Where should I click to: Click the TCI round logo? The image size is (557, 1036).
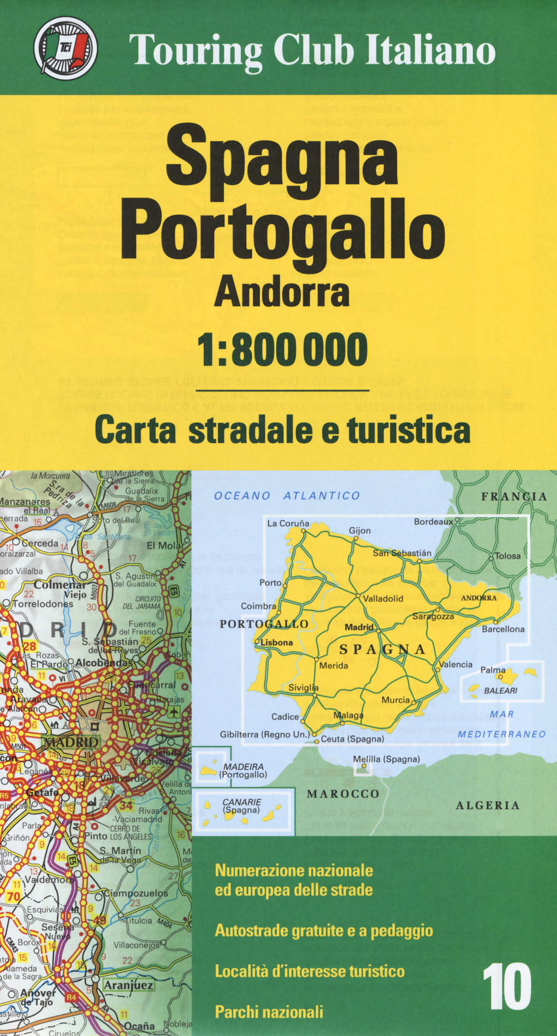(x=65, y=48)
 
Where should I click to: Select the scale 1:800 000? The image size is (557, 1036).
(x=283, y=349)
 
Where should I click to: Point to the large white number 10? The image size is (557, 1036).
(x=506, y=987)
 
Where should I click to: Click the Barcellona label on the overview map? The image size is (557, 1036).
(x=503, y=629)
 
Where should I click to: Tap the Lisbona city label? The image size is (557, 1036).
(x=276, y=642)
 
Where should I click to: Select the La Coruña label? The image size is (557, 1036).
(x=288, y=523)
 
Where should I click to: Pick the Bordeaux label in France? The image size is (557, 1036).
(x=433, y=522)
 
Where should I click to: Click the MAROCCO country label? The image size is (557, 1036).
(x=343, y=794)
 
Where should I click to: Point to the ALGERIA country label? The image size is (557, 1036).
(x=487, y=805)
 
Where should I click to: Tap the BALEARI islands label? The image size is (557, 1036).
(x=500, y=691)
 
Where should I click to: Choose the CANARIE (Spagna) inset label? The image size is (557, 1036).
(x=242, y=805)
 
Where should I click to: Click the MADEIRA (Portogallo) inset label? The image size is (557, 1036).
(x=243, y=770)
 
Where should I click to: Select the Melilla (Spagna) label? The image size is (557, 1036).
(x=386, y=759)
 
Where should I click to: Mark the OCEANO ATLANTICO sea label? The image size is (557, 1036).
(x=287, y=496)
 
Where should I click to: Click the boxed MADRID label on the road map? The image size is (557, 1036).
(x=71, y=742)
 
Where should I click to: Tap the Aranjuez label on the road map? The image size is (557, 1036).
(x=128, y=984)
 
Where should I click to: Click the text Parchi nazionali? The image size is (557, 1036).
(x=269, y=1011)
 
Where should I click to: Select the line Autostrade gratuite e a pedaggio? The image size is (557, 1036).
(x=324, y=930)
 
